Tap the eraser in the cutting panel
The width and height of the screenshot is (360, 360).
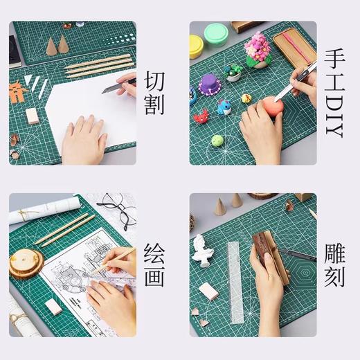(x=33, y=116)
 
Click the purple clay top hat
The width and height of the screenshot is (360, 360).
(x=209, y=84)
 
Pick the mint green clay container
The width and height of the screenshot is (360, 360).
(x=217, y=33)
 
